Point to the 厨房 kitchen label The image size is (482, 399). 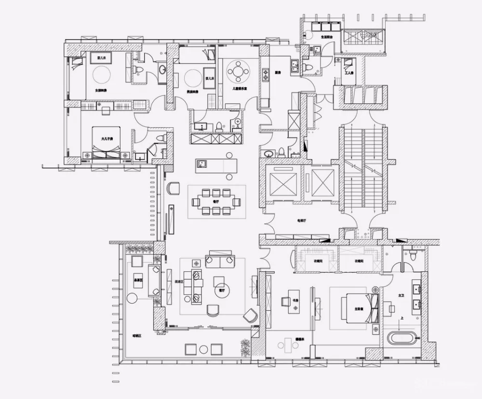(278, 73)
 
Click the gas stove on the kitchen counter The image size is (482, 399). (265, 75)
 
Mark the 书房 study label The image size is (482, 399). (295, 299)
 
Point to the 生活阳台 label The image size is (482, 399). (328, 36)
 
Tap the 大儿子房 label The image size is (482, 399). (107, 139)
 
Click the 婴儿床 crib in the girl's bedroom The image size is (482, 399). (101, 57)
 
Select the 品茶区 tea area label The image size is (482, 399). (138, 280)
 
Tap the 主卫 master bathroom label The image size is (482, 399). (402, 294)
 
